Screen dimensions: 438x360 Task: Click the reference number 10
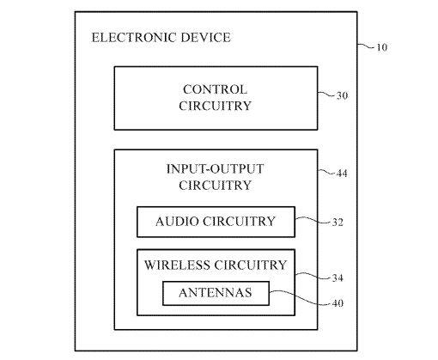pyautogui.click(x=381, y=47)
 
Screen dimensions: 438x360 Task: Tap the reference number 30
pyautogui.click(x=342, y=95)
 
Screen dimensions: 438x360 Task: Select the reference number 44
pyautogui.click(x=342, y=174)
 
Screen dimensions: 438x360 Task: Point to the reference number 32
pyautogui.click(x=338, y=223)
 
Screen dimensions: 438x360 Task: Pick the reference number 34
pyautogui.click(x=338, y=278)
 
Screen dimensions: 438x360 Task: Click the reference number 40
pyautogui.click(x=338, y=303)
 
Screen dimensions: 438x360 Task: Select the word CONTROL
pyautogui.click(x=215, y=89)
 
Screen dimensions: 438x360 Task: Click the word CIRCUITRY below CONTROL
pyautogui.click(x=215, y=106)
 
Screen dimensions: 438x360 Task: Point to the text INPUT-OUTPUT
pyautogui.click(x=215, y=168)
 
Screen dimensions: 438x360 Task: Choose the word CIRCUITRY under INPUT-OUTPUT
pyautogui.click(x=215, y=186)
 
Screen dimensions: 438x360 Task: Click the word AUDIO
pyautogui.click(x=177, y=222)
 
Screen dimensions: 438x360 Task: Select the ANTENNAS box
pyautogui.click(x=216, y=293)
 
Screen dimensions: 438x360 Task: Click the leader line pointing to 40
pyautogui.click(x=300, y=298)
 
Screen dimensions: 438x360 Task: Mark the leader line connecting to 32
pyautogui.click(x=313, y=220)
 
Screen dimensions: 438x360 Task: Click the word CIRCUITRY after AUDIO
pyautogui.click(x=239, y=222)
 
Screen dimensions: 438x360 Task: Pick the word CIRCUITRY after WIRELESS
pyautogui.click(x=251, y=265)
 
